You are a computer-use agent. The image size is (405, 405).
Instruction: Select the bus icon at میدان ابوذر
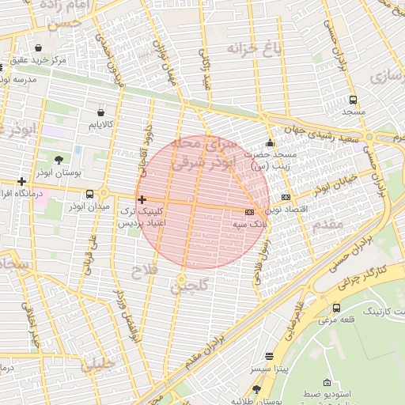[x=89, y=193]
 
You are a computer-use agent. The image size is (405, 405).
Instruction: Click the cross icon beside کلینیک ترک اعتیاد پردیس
[x=142, y=199]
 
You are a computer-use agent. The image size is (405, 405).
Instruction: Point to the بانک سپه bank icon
[x=250, y=213]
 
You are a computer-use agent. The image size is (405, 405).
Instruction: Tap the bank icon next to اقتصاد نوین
[x=286, y=197]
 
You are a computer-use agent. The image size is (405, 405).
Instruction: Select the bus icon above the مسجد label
[x=352, y=100]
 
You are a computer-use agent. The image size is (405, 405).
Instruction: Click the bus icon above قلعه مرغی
[x=337, y=308]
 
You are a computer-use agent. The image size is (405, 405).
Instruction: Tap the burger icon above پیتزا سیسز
[x=269, y=357]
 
